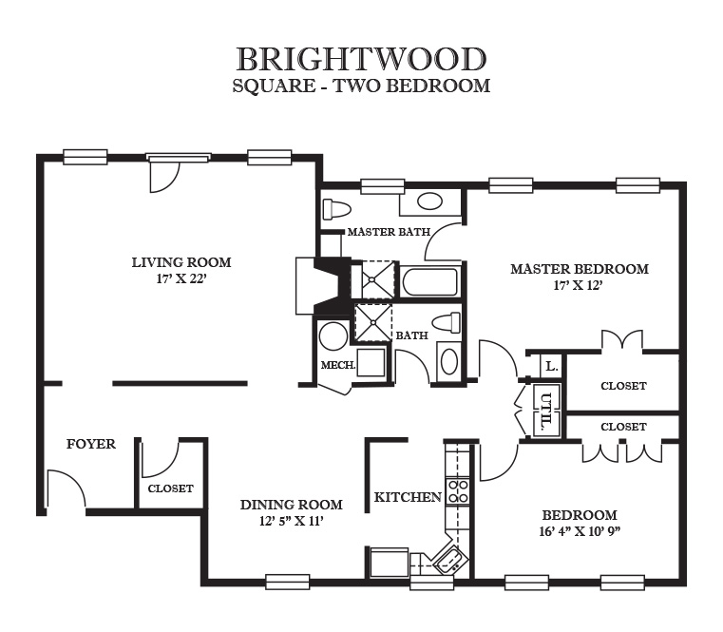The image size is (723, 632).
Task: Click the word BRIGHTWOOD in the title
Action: pos(361,59)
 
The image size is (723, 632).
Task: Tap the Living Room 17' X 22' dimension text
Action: pos(181,279)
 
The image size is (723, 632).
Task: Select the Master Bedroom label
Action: pos(580,269)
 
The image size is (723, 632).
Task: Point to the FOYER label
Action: pos(91,444)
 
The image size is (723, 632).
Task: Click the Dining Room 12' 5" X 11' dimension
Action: pos(291,522)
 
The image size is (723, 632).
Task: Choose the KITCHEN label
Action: pos(408,497)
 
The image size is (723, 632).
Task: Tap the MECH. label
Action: pos(338,365)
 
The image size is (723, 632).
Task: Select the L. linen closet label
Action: pos(551,367)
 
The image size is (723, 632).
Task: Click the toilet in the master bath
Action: pos(336,208)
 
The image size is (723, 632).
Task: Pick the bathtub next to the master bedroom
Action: pos(429,282)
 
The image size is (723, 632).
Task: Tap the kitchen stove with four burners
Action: pos(457,491)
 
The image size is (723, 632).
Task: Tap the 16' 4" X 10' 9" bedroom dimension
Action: pos(580,531)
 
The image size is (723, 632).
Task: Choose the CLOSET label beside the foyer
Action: pos(170,488)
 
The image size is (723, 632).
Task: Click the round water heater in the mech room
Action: pos(333,335)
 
